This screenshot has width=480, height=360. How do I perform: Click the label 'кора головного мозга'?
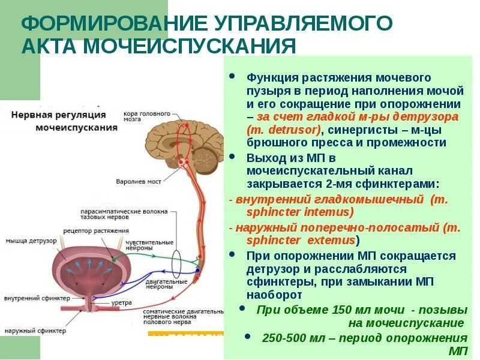[147, 116]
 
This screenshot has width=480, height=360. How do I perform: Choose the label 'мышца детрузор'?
[31, 241]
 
